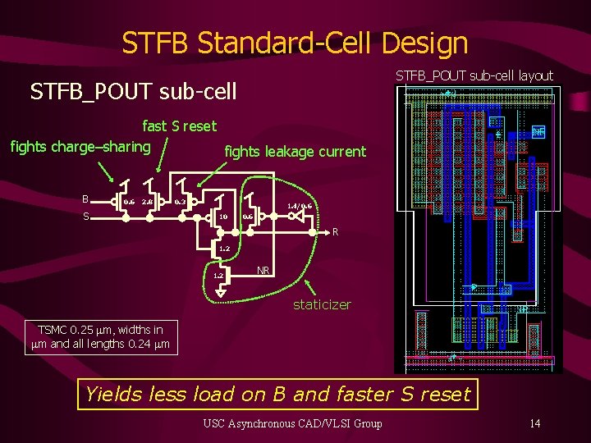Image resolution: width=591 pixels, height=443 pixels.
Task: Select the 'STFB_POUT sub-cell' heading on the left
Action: coord(133,91)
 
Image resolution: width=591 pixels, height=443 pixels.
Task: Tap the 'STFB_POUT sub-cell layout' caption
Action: coord(474,75)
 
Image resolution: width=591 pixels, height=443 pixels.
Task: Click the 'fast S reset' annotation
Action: coord(180,126)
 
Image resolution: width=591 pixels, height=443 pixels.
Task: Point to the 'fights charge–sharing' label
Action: coord(80,147)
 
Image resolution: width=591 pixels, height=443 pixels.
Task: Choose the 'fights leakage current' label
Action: coord(295,151)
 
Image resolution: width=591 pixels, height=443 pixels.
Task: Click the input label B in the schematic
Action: coord(85,199)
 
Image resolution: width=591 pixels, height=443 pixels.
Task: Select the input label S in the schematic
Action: coord(85,217)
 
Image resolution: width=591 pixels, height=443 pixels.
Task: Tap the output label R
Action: coord(335,232)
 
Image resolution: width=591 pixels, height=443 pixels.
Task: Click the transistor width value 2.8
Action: coord(146,202)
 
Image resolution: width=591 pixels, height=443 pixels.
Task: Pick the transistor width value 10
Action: coord(222,217)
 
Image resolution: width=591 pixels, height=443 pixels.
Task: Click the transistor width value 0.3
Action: coord(180,201)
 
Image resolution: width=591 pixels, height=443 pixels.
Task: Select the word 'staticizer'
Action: coord(323,304)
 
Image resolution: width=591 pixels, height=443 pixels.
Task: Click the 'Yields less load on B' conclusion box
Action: coord(277,395)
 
